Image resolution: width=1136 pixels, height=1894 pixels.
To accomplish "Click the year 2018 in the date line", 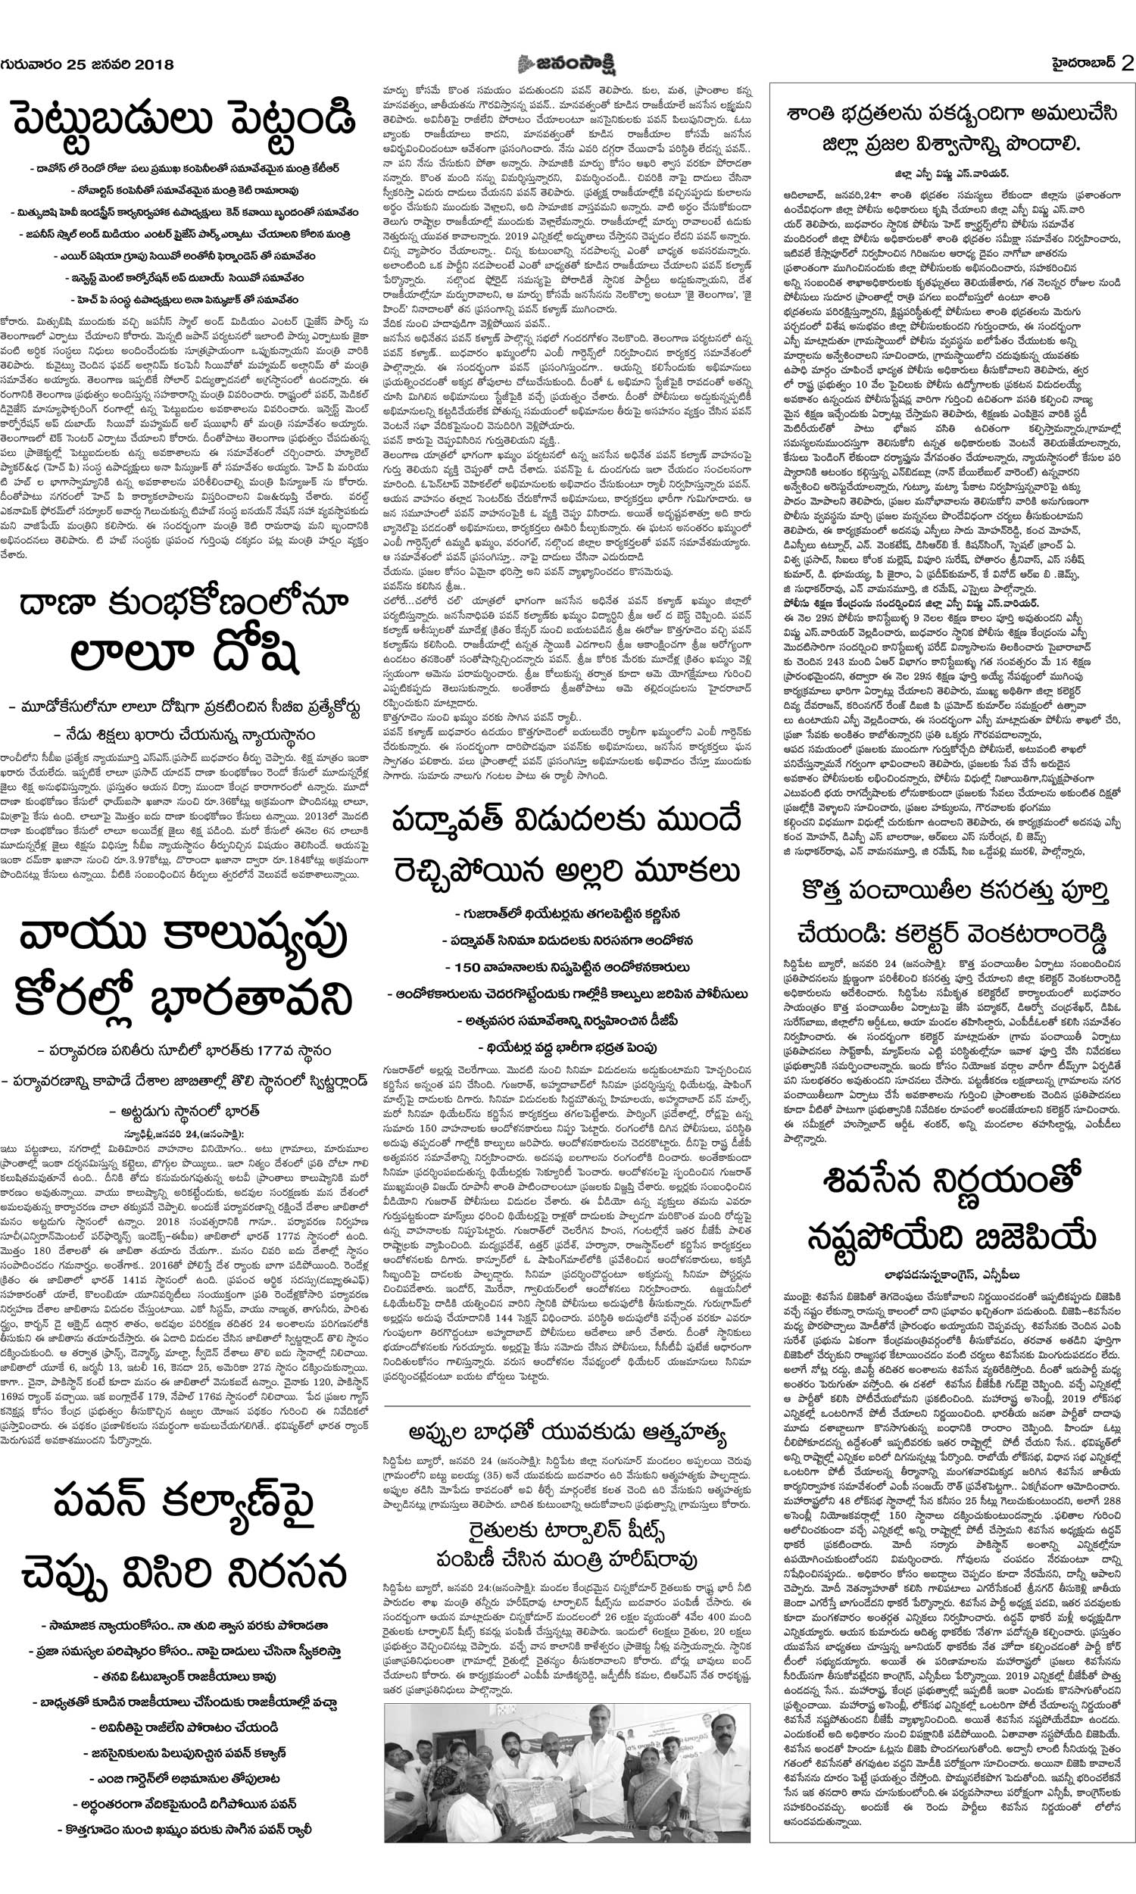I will [152, 64].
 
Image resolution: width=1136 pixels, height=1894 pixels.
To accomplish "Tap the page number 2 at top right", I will [1126, 64].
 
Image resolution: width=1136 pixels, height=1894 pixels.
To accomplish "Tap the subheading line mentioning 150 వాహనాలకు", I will [567, 967].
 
